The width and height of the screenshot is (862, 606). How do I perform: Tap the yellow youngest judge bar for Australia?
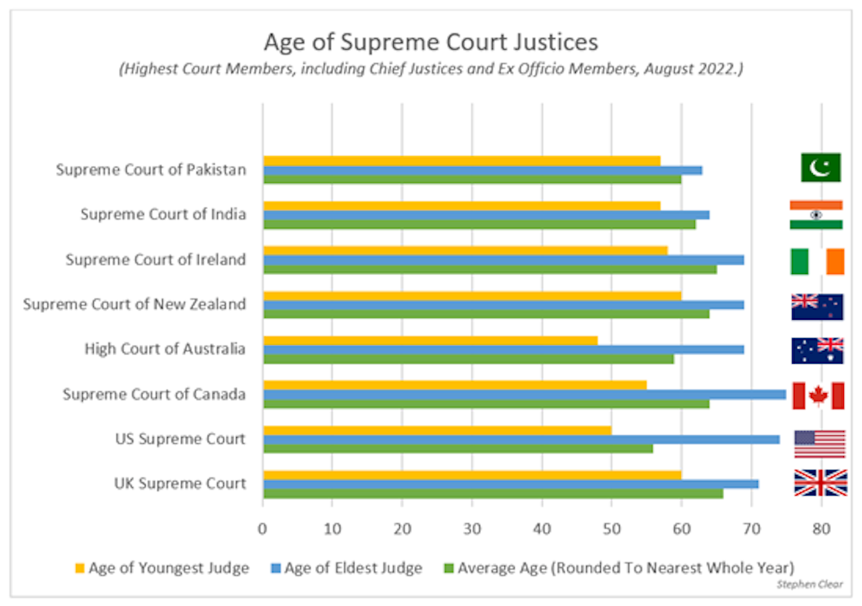pyautogui.click(x=430, y=340)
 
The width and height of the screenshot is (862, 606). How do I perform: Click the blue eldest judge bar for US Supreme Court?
pyautogui.click(x=521, y=439)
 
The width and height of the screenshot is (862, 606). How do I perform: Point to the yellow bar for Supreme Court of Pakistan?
pyautogui.click(x=461, y=160)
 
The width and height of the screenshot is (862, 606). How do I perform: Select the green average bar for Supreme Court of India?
pyautogui.click(x=479, y=224)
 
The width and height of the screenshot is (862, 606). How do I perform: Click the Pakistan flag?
pyautogui.click(x=820, y=167)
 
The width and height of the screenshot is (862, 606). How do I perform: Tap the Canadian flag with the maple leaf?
pyautogui.click(x=817, y=396)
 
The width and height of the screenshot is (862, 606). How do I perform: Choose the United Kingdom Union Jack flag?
pyautogui.click(x=820, y=482)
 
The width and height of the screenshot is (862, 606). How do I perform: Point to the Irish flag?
pyautogui.click(x=817, y=261)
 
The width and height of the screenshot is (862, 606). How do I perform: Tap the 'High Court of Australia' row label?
pyautogui.click(x=165, y=349)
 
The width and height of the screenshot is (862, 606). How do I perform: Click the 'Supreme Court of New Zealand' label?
pyautogui.click(x=134, y=304)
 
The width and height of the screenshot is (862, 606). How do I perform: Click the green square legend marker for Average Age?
pyautogui.click(x=448, y=568)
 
